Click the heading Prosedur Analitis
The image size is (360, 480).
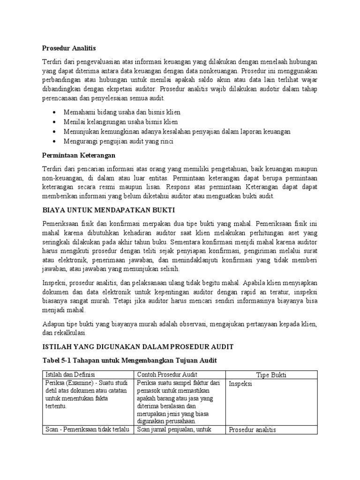(x=69, y=48)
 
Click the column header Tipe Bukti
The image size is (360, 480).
(x=272, y=375)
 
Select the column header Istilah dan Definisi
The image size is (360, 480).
(x=69, y=375)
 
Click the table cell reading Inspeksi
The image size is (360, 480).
(x=240, y=384)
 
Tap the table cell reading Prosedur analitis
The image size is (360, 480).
(x=252, y=430)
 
